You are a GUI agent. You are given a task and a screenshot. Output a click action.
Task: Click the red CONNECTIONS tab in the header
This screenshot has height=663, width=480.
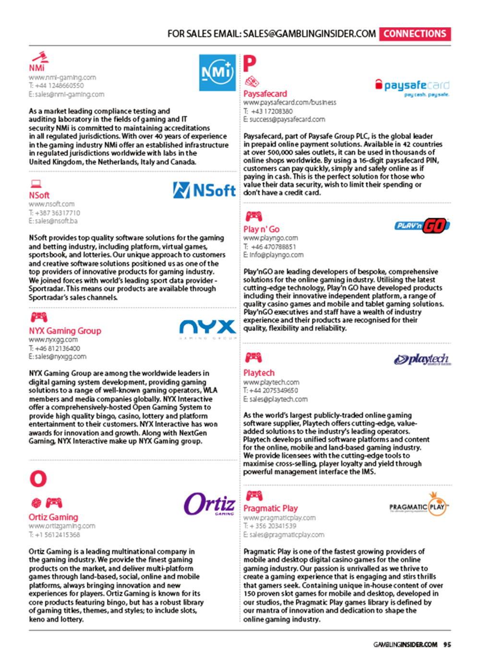pyautogui.click(x=415, y=34)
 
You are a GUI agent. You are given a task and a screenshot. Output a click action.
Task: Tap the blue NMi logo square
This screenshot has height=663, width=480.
pyautogui.click(x=217, y=72)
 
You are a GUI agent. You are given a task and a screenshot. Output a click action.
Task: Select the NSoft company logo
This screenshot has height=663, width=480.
pyautogui.click(x=204, y=190)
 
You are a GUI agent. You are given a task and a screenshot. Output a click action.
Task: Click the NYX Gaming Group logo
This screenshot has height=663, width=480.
pyautogui.click(x=208, y=329)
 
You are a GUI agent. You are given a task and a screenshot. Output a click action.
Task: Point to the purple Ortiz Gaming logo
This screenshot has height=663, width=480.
pyautogui.click(x=210, y=504)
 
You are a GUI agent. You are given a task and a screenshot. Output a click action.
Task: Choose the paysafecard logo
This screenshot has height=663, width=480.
pyautogui.click(x=412, y=87)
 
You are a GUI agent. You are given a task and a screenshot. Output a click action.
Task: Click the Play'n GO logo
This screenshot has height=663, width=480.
pyautogui.click(x=422, y=225)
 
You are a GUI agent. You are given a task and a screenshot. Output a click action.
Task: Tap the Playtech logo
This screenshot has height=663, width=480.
pyautogui.click(x=422, y=359)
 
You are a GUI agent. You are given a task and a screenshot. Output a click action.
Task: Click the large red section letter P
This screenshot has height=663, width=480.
pyautogui.click(x=250, y=63)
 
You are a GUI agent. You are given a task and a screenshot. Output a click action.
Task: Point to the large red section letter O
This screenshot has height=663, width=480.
pyautogui.click(x=38, y=478)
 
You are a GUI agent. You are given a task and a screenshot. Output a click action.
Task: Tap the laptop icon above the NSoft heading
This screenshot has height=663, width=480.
pyautogui.click(x=36, y=184)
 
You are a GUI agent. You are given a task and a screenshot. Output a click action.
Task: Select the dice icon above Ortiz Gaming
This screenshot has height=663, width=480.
pyautogui.click(x=36, y=503)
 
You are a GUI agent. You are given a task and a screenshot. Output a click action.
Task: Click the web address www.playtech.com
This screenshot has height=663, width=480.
pyautogui.click(x=271, y=382)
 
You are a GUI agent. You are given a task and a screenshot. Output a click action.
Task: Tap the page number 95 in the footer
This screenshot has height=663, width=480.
pyautogui.click(x=447, y=644)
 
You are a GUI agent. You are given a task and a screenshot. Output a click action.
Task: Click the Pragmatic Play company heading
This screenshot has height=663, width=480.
pyautogui.click(x=270, y=508)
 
